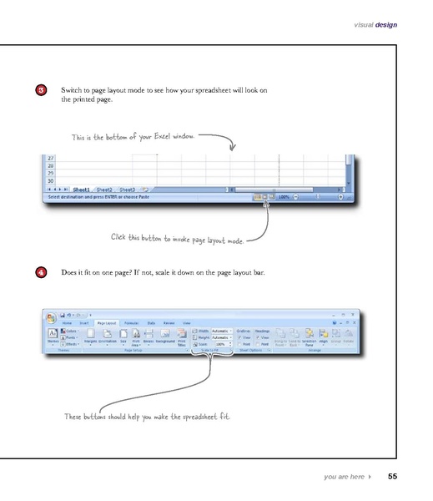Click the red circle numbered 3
(53, 90)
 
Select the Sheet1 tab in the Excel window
(81, 190)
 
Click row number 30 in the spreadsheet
(50, 180)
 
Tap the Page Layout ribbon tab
(107, 321)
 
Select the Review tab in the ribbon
(169, 321)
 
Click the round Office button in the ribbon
(50, 316)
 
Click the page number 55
(392, 478)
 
